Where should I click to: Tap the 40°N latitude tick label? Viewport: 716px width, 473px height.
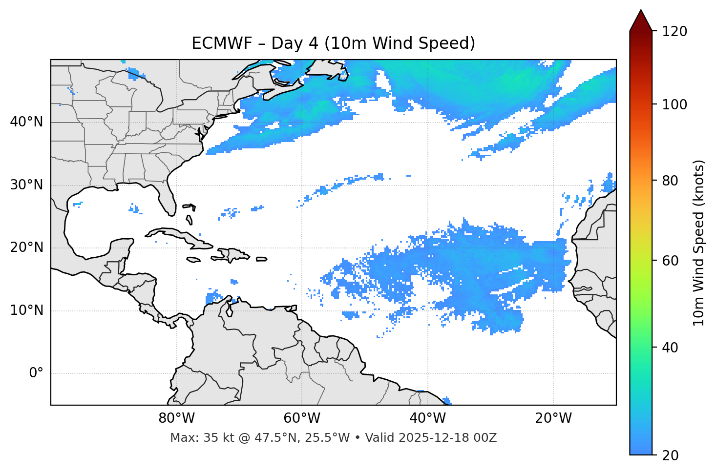[x=26, y=122]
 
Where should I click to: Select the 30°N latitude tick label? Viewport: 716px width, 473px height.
[x=26, y=185]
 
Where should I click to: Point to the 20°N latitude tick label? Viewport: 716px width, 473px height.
[x=26, y=247]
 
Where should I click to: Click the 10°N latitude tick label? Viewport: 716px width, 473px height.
[x=26, y=310]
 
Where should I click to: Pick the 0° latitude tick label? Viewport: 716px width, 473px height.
[x=36, y=373]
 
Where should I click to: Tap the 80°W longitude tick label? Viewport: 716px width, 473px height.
[x=176, y=418]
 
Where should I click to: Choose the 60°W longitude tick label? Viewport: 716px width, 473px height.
[x=302, y=418]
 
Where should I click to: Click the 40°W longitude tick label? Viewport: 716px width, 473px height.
[x=427, y=418]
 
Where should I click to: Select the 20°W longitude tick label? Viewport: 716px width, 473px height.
[x=553, y=418]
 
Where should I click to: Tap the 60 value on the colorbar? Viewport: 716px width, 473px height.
[x=671, y=261]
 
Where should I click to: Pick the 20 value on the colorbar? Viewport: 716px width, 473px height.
[x=671, y=455]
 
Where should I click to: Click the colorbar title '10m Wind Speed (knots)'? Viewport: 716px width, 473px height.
[x=699, y=243]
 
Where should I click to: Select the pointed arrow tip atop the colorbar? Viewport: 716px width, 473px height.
[x=641, y=12]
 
